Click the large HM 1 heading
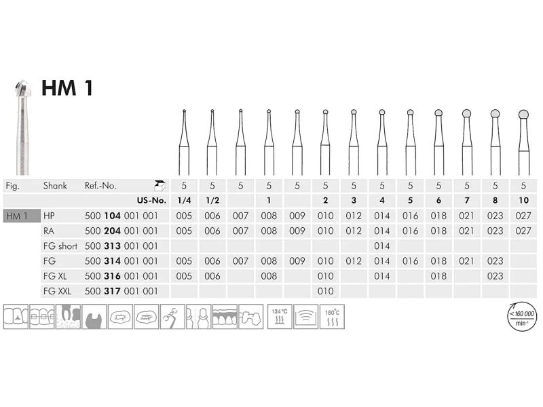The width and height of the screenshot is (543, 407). click(67, 88)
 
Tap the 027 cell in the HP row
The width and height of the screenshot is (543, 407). click(523, 216)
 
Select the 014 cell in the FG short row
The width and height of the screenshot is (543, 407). click(382, 246)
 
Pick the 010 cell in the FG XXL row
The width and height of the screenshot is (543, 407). click(326, 292)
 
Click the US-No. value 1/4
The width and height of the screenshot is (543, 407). click(184, 200)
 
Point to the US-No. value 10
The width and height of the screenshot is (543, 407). click(523, 200)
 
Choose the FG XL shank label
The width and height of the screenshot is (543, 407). click(55, 276)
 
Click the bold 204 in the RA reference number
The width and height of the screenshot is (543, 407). click(112, 231)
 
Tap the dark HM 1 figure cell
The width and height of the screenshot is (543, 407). click(22, 216)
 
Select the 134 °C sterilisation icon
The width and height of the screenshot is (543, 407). click(280, 316)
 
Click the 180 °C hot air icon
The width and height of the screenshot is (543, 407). click(332, 316)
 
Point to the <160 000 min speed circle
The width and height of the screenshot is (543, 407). click(522, 316)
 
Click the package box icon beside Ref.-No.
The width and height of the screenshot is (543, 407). click(160, 186)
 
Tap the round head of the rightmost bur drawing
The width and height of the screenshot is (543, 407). click(523, 114)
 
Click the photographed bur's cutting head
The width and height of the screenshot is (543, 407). click(23, 89)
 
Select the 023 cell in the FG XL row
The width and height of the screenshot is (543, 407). click(495, 276)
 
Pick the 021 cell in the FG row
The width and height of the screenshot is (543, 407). click(467, 261)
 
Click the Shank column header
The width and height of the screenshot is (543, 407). click(55, 186)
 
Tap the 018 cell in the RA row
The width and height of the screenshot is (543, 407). click(438, 231)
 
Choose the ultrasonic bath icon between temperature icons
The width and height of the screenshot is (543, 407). click(306, 316)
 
